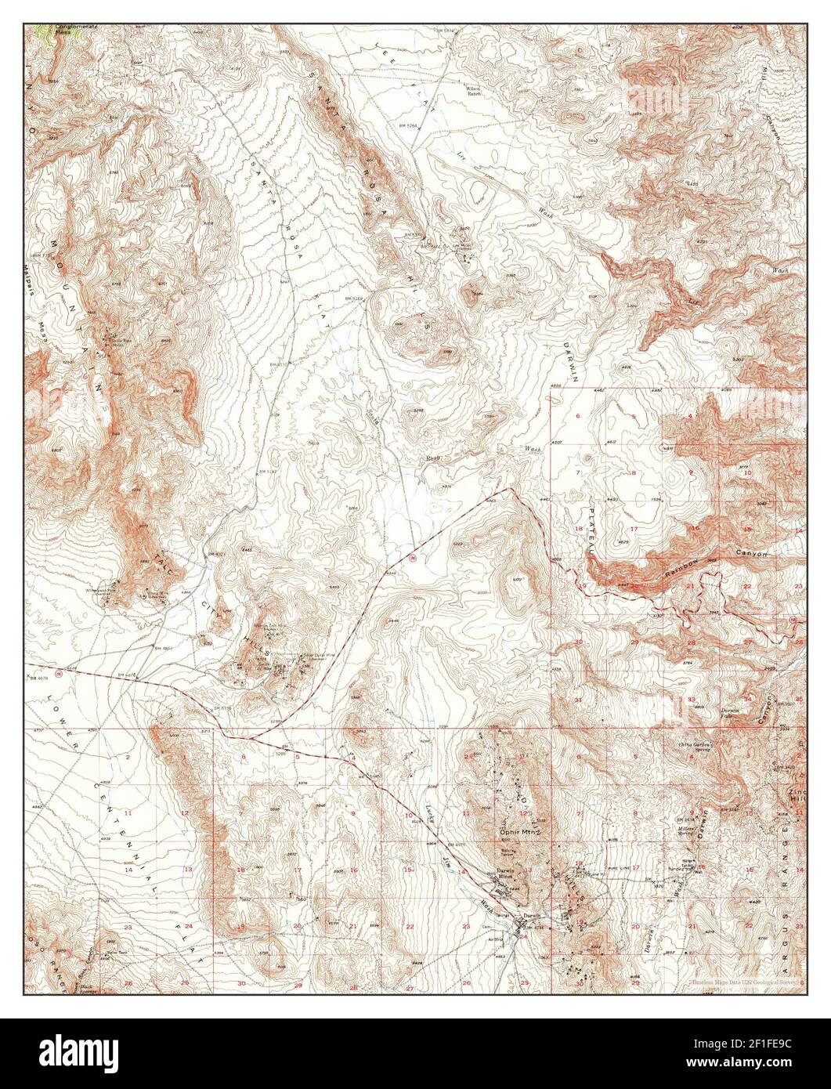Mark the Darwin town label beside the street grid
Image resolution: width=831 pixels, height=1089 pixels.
[533, 916]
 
